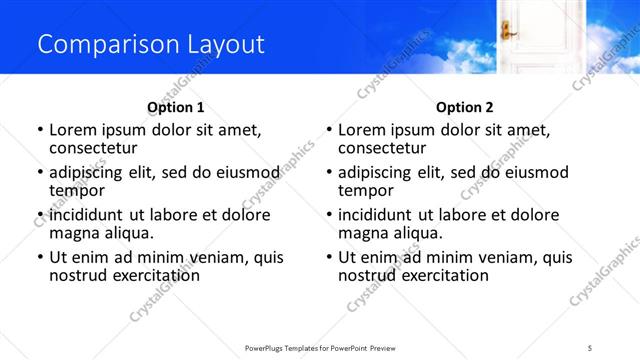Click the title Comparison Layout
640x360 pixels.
point(151,44)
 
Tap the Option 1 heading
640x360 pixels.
point(176,107)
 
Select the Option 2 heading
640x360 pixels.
point(465,107)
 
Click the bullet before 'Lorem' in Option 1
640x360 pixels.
point(40,130)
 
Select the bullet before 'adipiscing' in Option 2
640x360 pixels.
point(329,173)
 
